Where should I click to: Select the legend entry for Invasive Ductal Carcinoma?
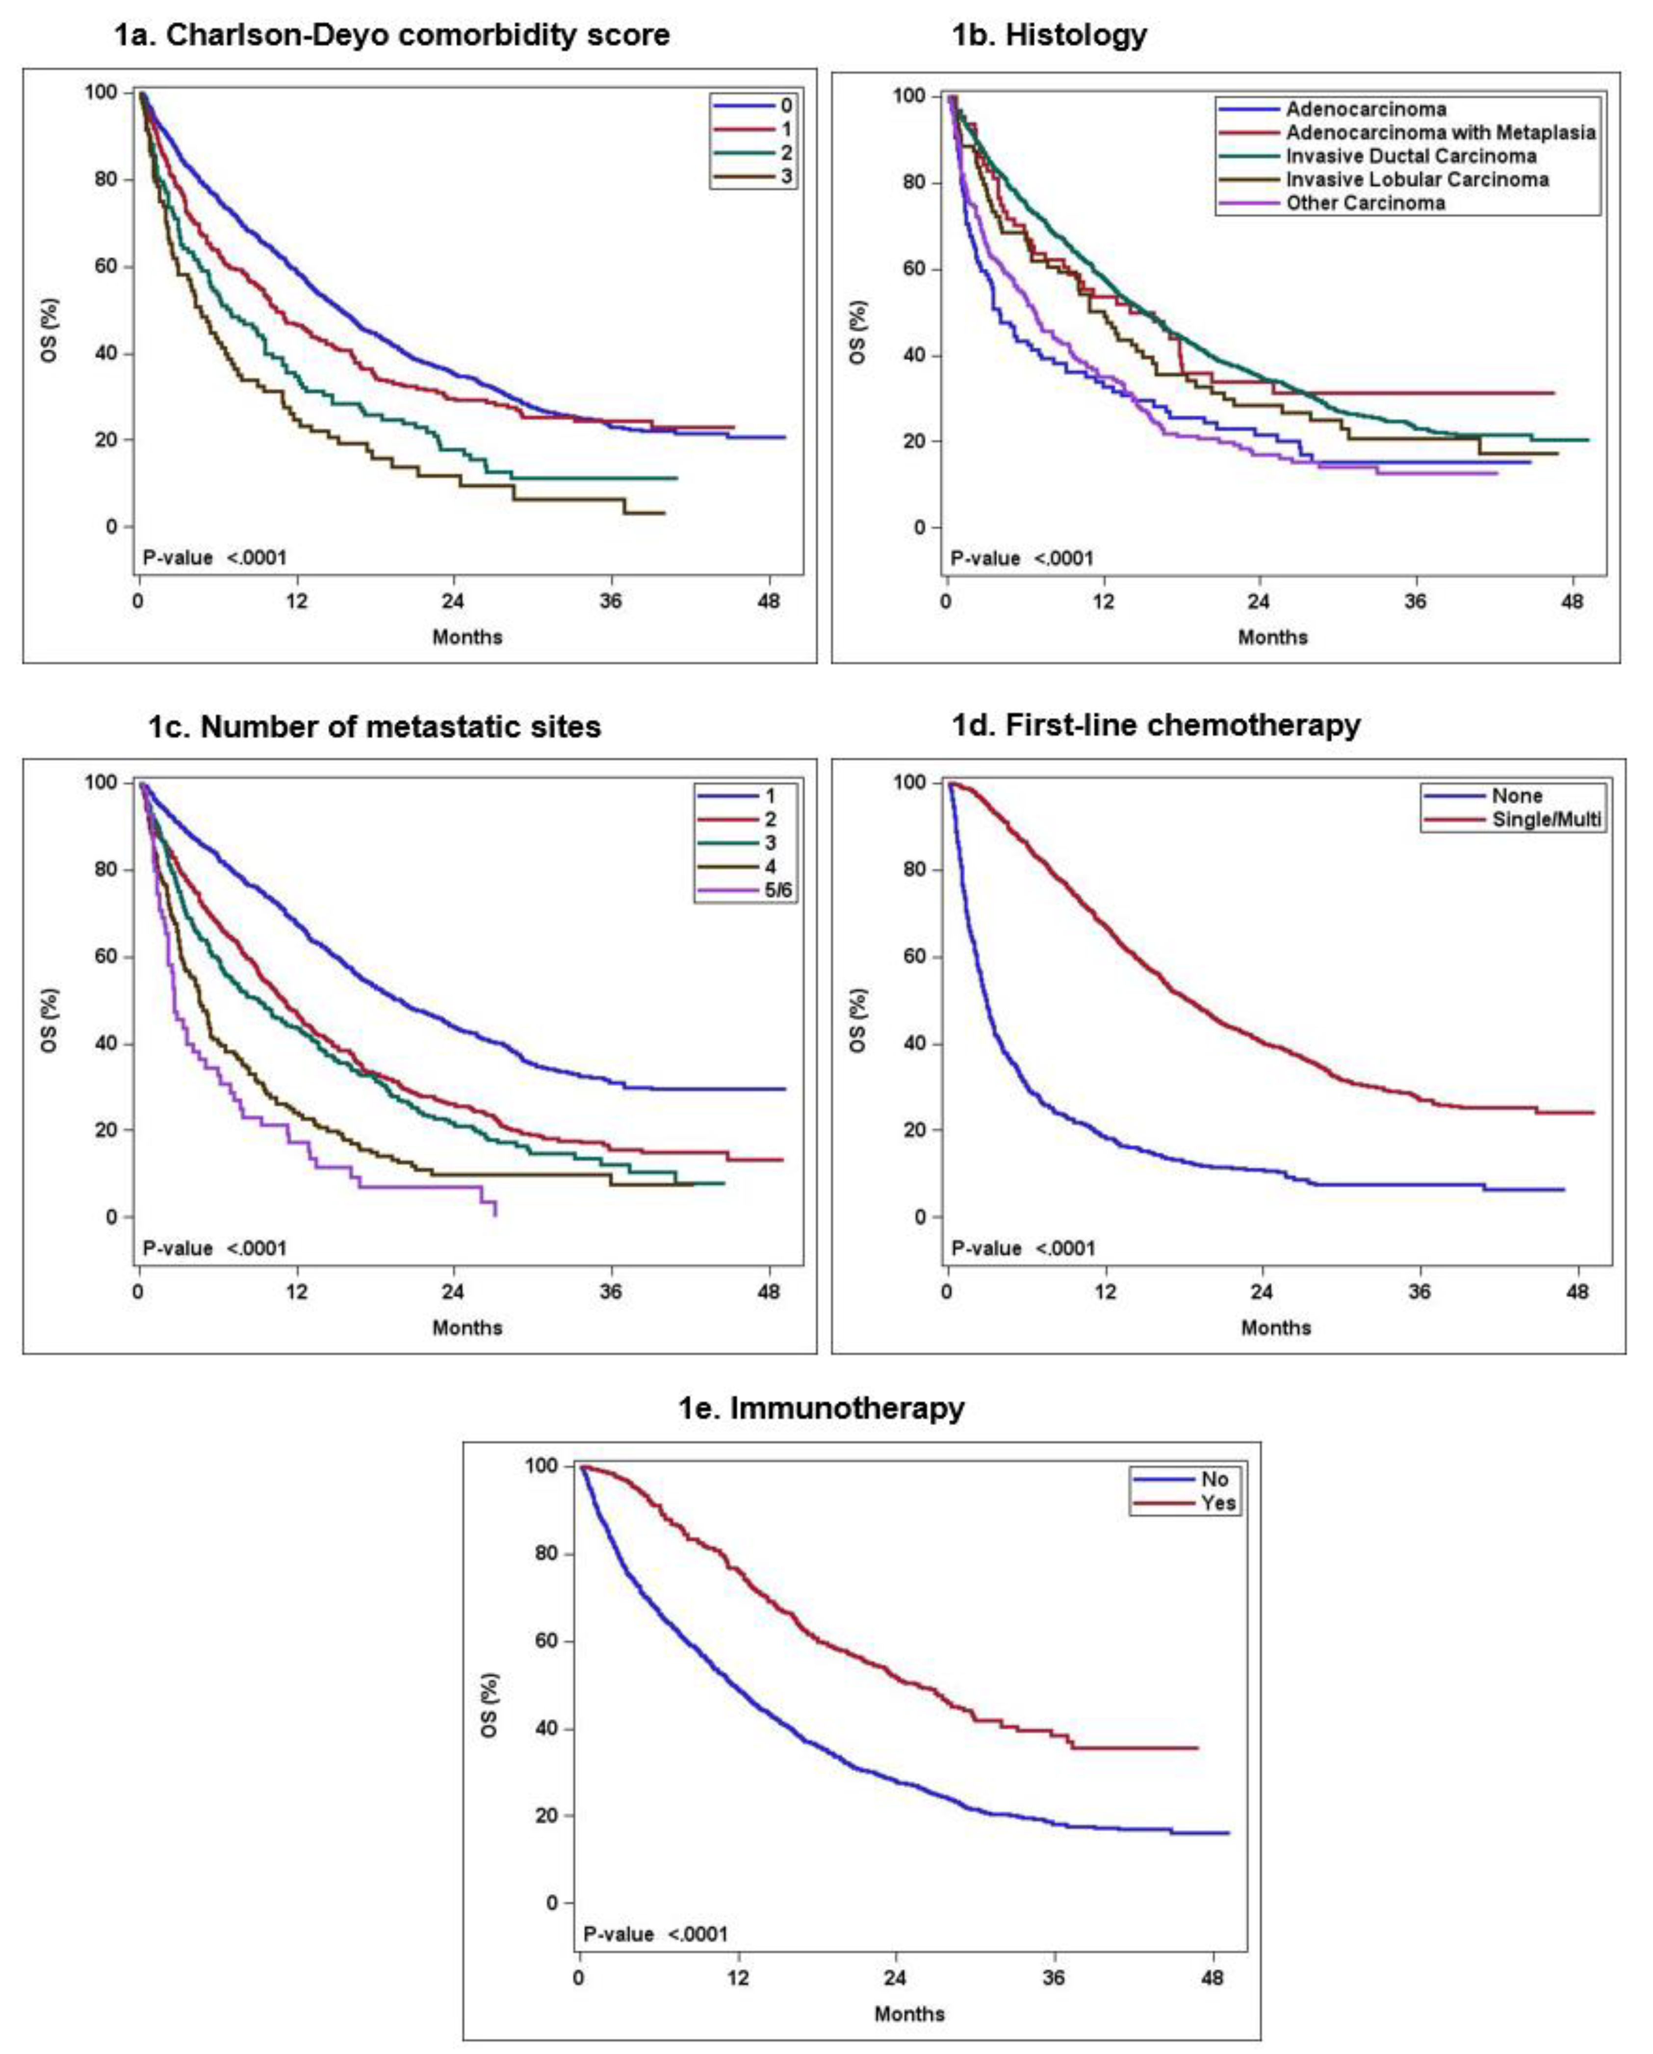[1410, 156]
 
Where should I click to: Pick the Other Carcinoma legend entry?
[1364, 203]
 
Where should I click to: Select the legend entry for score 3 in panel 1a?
[786, 176]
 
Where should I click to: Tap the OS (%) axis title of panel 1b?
[858, 333]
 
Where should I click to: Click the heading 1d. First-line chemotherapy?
[1156, 725]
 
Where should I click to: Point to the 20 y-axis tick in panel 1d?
[915, 1130]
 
